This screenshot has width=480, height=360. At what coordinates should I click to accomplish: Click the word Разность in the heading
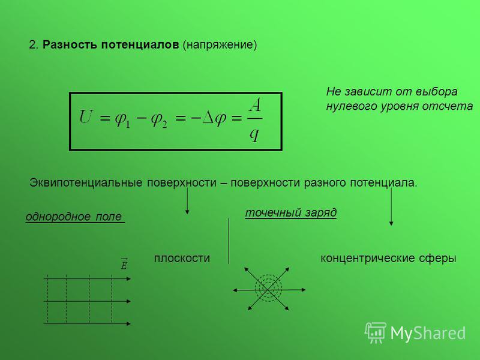70,44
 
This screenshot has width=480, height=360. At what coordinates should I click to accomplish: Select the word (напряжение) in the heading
220,45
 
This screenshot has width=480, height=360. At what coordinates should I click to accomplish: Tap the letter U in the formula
85,116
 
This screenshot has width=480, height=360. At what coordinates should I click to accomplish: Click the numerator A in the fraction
254,106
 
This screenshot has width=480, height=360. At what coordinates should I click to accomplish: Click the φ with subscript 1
122,119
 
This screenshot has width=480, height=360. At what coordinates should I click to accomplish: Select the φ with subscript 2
158,119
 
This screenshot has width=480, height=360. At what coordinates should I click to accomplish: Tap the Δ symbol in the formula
208,117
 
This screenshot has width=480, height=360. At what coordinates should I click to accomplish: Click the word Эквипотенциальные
86,183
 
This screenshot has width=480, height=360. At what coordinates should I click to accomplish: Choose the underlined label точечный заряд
291,212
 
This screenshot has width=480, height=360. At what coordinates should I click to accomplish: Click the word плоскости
182,258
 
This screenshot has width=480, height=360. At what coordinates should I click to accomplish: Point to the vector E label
124,264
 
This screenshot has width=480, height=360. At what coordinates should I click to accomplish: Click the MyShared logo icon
376,332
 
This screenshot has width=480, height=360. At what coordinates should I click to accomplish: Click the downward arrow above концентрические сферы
391,206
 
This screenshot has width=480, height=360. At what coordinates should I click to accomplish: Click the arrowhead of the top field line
128,278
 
